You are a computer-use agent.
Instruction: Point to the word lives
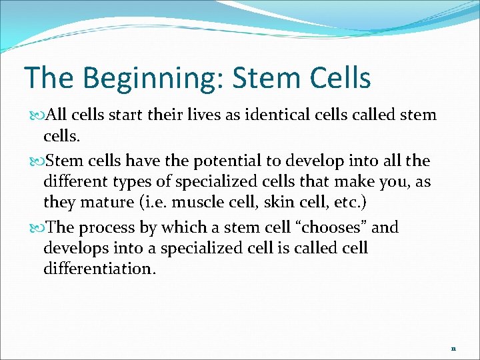pos(193,115)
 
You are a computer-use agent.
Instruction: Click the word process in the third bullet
pos(111,228)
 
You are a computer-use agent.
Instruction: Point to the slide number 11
pos(453,349)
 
